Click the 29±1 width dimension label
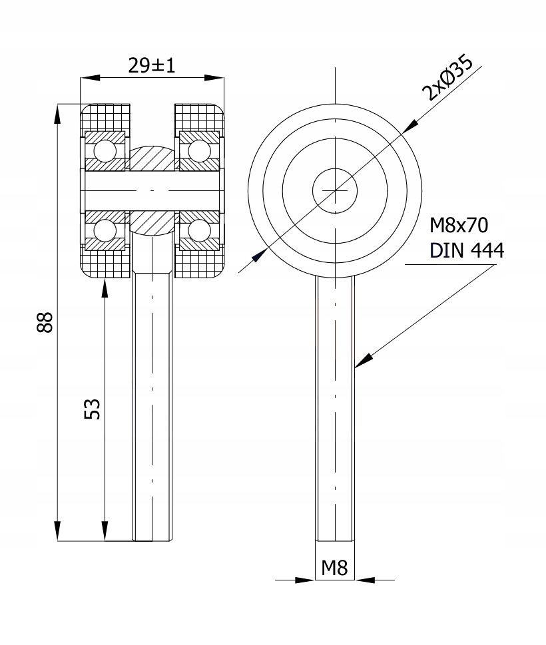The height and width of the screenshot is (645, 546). click(152, 65)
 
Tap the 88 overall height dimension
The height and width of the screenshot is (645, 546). click(43, 323)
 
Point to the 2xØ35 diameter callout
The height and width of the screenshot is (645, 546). click(449, 79)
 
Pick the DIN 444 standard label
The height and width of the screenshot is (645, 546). click(467, 250)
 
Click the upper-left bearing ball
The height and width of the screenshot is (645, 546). click(105, 150)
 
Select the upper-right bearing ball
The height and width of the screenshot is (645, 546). click(199, 150)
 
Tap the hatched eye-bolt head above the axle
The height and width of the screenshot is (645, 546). click(152, 157)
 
